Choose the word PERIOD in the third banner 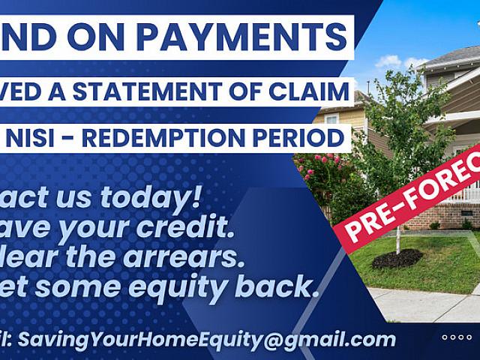307,138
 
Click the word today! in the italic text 149,196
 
